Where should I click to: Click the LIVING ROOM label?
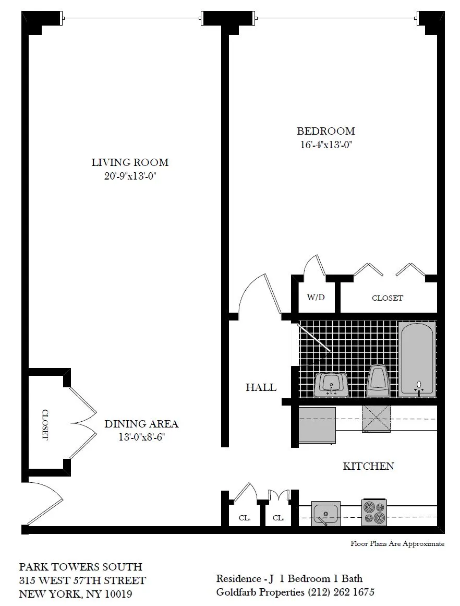[130, 162]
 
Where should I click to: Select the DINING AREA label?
[141, 424]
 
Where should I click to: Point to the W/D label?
[316, 298]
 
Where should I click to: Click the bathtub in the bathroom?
[417, 359]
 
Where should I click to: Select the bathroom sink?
[331, 385]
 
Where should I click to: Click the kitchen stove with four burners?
[374, 512]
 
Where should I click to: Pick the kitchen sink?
[326, 513]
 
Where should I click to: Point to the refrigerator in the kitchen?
[317, 426]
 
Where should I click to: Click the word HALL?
[261, 388]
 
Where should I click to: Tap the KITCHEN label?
[368, 466]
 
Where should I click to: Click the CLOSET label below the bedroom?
[387, 298]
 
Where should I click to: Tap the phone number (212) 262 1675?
[341, 592]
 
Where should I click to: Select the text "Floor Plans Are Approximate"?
[397, 544]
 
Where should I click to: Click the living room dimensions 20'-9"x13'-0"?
[130, 176]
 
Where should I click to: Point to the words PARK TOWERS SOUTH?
[80, 567]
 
